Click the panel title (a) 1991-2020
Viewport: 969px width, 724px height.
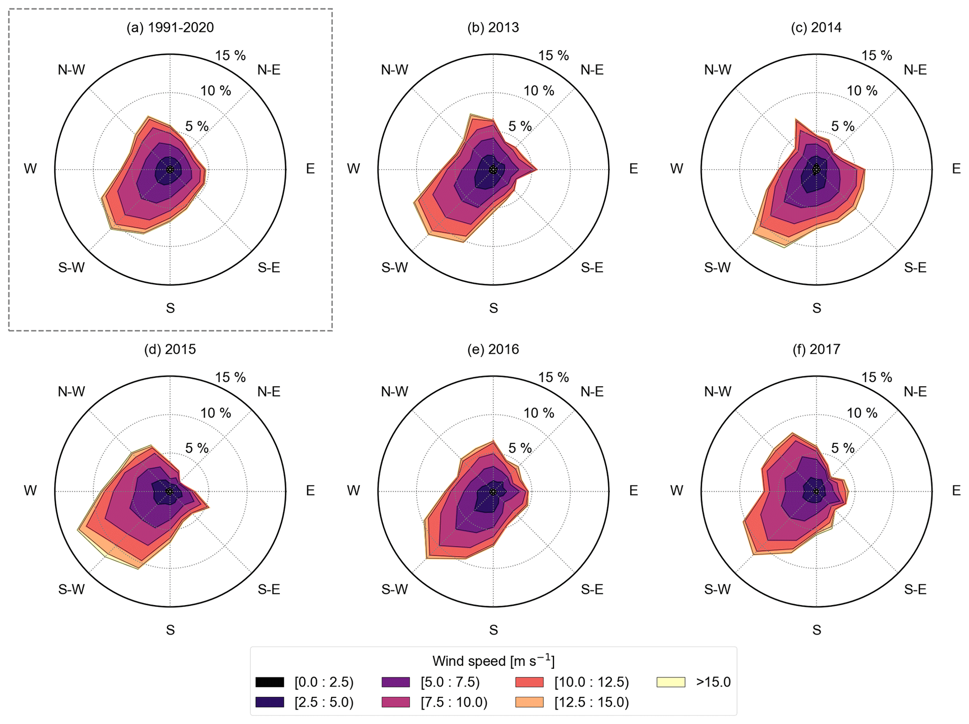tap(170, 28)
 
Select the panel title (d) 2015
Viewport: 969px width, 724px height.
tap(170, 350)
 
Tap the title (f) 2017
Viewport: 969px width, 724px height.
tap(816, 350)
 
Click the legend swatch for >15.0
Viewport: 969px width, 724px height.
tap(670, 682)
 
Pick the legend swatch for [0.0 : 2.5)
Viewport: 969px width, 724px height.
tap(270, 682)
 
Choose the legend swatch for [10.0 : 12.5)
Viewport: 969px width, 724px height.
tap(529, 682)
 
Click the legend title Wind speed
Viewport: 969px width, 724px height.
tap(493, 661)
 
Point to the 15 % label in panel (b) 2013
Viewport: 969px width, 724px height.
tap(553, 56)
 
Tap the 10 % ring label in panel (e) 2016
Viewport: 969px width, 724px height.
tap(539, 413)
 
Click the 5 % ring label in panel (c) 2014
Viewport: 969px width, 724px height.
tap(842, 127)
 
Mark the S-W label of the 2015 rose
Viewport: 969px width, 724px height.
tap(71, 590)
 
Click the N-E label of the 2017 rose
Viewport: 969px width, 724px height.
tap(915, 392)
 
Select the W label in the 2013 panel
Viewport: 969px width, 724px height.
tap(353, 169)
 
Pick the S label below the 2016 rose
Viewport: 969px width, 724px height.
tap(493, 630)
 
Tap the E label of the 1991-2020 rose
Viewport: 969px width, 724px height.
tap(310, 169)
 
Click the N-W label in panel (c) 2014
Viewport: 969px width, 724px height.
tap(718, 70)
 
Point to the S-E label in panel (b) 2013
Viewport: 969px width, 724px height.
tap(592, 268)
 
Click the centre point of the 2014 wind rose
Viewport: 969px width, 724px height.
tap(816, 169)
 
